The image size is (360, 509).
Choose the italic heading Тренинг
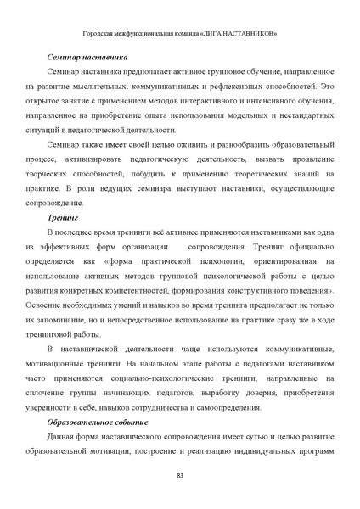coord(65,217)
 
